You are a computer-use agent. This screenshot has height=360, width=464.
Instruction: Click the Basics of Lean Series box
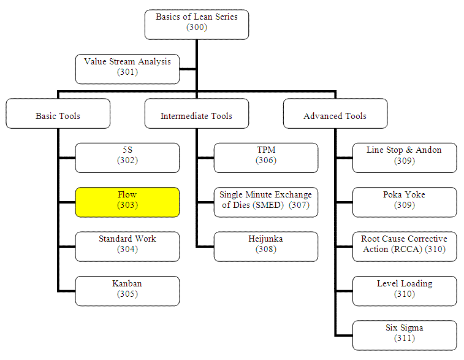click(x=196, y=22)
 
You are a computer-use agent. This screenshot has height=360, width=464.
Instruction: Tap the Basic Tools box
click(x=58, y=115)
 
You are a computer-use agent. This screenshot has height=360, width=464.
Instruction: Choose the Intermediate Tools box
click(x=196, y=115)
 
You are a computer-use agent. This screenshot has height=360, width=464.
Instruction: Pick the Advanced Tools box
click(x=335, y=115)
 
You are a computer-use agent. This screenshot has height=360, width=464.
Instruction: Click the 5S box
click(x=127, y=156)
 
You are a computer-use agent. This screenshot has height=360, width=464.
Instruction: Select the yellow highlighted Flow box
click(x=127, y=201)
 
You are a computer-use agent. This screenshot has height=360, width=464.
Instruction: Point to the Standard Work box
click(x=127, y=245)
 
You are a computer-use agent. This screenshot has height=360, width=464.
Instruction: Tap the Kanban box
click(x=127, y=289)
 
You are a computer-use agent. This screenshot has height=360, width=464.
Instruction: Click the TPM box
click(x=266, y=156)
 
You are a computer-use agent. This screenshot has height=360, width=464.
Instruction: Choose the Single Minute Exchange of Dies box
click(x=266, y=201)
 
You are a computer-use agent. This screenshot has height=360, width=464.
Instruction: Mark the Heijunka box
click(x=266, y=245)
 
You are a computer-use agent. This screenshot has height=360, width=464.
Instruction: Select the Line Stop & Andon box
click(x=405, y=156)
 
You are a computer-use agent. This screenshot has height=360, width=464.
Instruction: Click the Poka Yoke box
click(x=405, y=201)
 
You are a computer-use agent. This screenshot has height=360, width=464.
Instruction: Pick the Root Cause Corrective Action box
click(x=405, y=245)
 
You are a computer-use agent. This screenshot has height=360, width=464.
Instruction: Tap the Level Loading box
click(x=405, y=289)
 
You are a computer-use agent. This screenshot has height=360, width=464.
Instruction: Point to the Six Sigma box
click(x=405, y=333)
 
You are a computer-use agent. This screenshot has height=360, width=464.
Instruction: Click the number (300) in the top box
click(x=196, y=27)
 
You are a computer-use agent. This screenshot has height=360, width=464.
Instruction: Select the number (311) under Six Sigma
click(x=405, y=338)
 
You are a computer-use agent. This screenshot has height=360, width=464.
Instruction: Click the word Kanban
click(x=127, y=283)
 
